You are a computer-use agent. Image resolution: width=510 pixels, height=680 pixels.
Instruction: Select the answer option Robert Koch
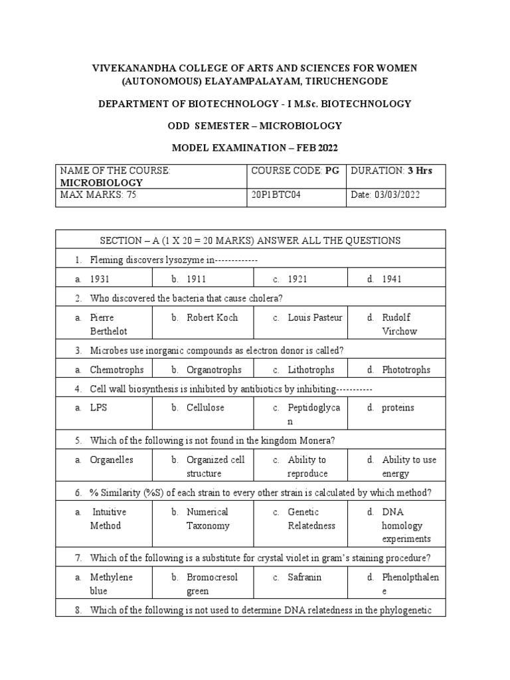point(212,317)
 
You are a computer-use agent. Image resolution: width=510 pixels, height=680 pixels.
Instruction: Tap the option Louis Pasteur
point(315,317)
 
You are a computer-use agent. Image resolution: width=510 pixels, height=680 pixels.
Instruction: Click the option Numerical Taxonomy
point(208,519)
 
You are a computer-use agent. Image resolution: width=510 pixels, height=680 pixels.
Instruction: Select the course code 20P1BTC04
point(276,195)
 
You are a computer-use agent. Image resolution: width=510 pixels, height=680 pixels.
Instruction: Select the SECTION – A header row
point(250,240)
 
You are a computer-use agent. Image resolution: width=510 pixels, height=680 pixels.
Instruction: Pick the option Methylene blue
point(112,584)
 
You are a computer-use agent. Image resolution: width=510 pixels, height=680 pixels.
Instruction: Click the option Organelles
point(112,460)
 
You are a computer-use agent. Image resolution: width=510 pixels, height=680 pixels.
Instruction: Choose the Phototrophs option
point(406,370)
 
